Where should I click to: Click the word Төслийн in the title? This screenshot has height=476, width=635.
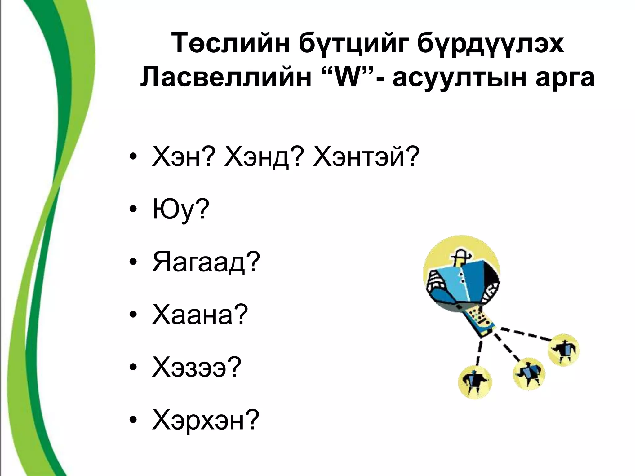(229, 44)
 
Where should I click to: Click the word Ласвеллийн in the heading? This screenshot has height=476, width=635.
(226, 78)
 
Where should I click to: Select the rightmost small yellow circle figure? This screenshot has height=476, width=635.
(563, 350)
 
